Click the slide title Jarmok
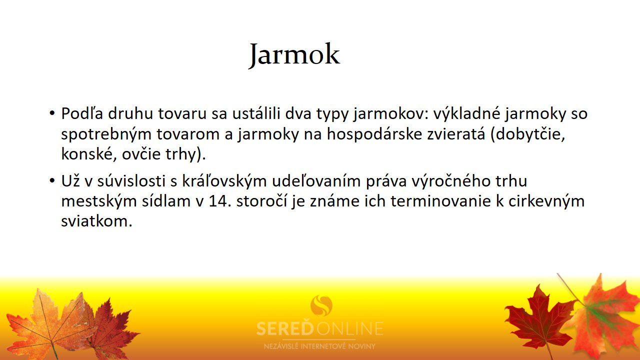click(x=294, y=55)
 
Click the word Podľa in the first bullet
click(x=82, y=113)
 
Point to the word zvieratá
click(x=456, y=133)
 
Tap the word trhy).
click(x=185, y=154)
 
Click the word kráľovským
click(x=224, y=181)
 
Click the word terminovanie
click(x=440, y=201)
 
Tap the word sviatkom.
click(x=97, y=221)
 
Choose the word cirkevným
click(x=546, y=201)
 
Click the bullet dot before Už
click(x=51, y=181)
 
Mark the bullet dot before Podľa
click(x=51, y=113)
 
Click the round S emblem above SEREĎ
click(x=321, y=305)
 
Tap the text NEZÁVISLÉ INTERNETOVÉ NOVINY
click(x=319, y=346)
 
